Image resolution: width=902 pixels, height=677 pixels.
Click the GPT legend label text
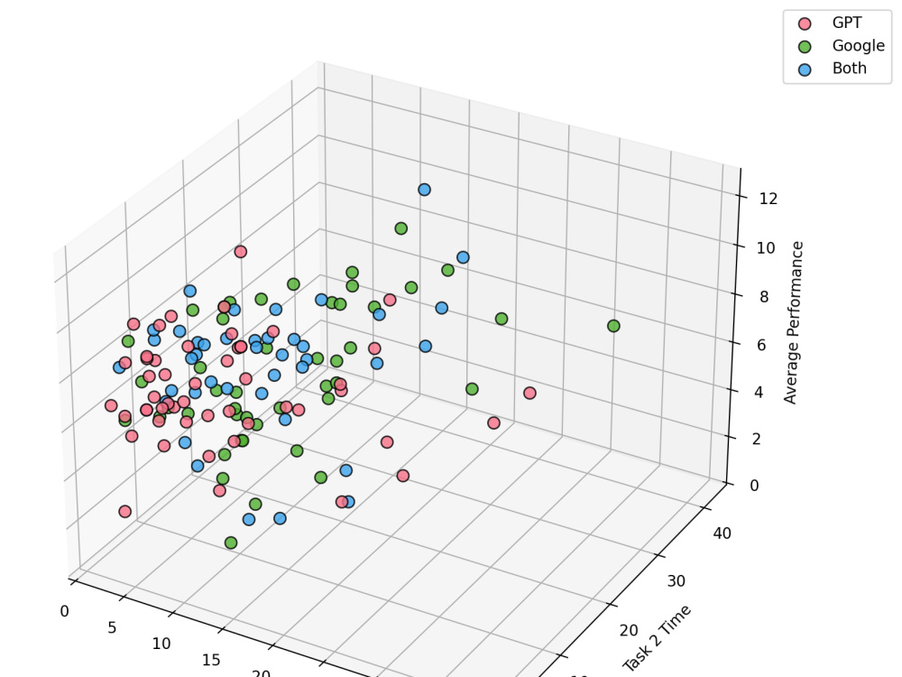(x=847, y=23)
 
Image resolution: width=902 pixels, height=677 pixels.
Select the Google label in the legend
(x=858, y=46)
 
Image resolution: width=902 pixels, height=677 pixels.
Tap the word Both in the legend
(x=849, y=69)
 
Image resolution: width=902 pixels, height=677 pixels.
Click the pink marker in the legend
(x=805, y=23)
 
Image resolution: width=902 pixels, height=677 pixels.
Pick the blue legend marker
(x=805, y=69)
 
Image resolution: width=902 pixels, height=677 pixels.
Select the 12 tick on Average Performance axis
(x=769, y=199)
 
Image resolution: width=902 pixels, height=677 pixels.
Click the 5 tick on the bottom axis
(x=112, y=627)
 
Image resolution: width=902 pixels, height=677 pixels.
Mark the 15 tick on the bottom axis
(x=211, y=660)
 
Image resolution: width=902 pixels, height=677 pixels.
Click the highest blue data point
(x=424, y=190)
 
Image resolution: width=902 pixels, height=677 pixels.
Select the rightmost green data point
(x=613, y=326)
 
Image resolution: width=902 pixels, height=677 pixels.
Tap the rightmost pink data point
(x=529, y=393)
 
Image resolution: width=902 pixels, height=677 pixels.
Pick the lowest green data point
(x=231, y=543)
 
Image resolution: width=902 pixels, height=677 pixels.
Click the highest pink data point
(x=241, y=252)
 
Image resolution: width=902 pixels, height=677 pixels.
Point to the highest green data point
(x=400, y=228)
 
